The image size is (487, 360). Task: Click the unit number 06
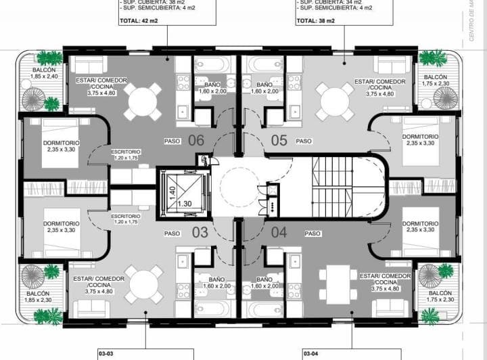196,141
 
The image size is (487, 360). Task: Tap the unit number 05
279,141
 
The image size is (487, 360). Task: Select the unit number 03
200,233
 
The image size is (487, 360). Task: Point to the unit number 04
279,233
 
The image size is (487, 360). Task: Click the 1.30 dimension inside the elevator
183,204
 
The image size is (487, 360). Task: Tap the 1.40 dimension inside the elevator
172,191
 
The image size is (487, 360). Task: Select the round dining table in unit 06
145,100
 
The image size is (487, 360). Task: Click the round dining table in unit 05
336,101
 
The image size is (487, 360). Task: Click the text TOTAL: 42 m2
138,22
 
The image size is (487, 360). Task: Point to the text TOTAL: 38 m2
316,22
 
